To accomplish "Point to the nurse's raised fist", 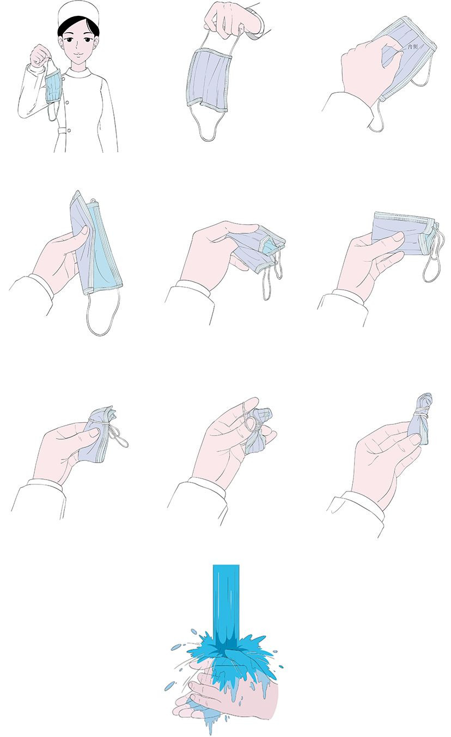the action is [x=40, y=55].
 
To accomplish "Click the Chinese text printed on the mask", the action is [x=412, y=47].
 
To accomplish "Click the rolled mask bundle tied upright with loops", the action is [x=420, y=419].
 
